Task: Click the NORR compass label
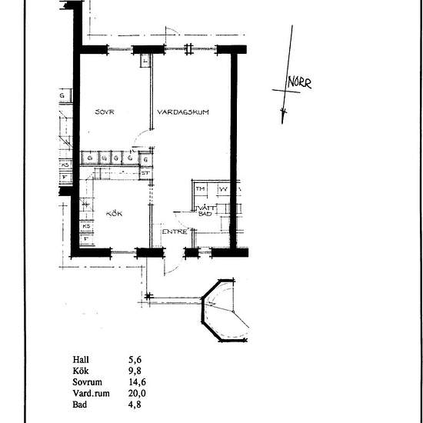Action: [x=299, y=83]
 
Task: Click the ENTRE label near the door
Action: [x=173, y=231]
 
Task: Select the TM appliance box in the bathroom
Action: [x=200, y=188]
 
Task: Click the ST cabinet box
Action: [x=144, y=173]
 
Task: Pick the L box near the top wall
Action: [x=145, y=60]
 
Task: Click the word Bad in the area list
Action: [x=80, y=402]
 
